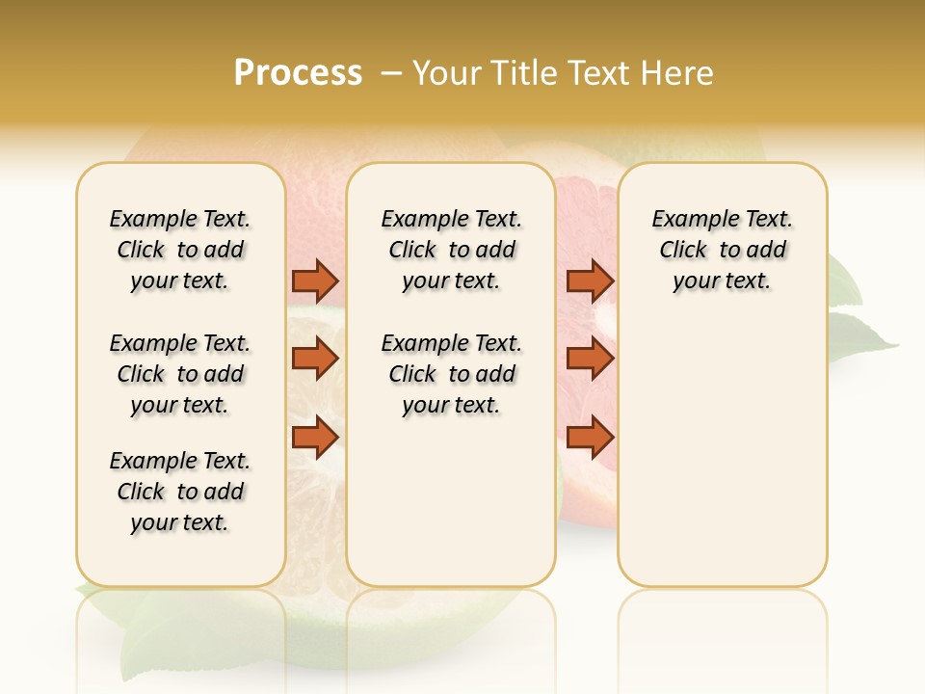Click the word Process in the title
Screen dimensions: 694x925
click(298, 73)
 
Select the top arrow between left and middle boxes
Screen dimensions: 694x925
click(315, 280)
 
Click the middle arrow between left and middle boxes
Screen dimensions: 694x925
click(315, 359)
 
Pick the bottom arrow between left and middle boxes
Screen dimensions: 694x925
click(315, 438)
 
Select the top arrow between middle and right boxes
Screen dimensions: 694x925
click(590, 280)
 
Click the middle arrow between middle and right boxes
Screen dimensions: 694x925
click(590, 359)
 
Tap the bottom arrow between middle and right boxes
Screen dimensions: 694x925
click(590, 438)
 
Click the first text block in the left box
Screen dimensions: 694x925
click(180, 250)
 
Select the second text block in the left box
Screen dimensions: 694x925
click(180, 374)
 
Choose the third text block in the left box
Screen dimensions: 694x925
click(180, 492)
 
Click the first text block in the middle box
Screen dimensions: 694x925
click(452, 250)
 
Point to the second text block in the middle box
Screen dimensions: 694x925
click(452, 374)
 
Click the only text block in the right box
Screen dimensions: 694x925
click(723, 250)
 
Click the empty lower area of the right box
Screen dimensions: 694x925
click(723, 463)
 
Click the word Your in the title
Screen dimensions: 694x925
click(446, 73)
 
